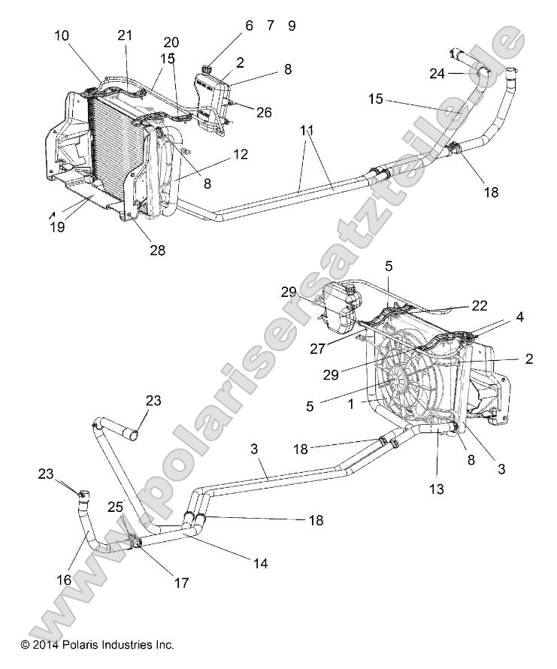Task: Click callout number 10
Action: tap(62, 35)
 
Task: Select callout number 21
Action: tap(125, 35)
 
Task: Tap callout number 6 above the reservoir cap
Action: tap(249, 26)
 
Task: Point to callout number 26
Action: tap(264, 113)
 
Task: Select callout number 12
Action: tap(240, 154)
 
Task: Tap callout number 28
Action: tap(157, 250)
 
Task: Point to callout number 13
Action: tap(436, 489)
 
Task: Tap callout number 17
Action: tap(181, 582)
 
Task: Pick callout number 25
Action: tap(115, 507)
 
